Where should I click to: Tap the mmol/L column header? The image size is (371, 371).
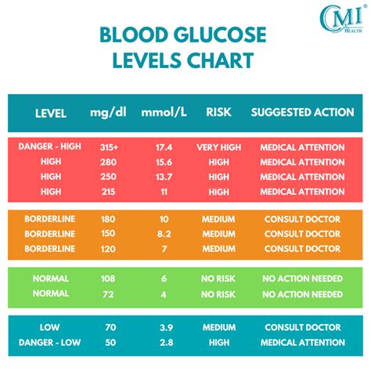point(164,113)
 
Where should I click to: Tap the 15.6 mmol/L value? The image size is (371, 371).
point(164,162)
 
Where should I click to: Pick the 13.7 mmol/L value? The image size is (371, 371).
point(164,177)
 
